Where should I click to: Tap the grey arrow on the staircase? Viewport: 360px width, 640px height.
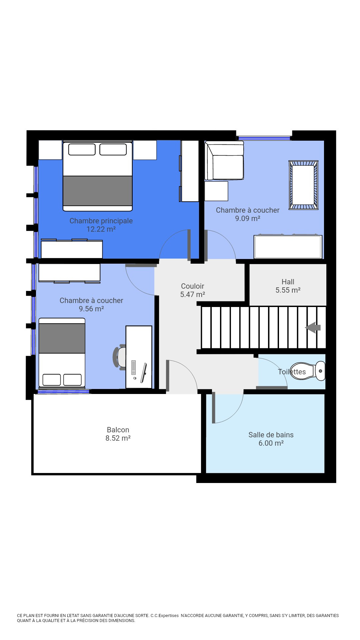tap(313, 327)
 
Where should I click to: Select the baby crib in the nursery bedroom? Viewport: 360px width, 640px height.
tap(303, 185)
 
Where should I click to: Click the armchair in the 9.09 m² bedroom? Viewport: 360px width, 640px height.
tap(224, 161)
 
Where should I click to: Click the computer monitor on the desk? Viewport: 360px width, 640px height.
tap(144, 373)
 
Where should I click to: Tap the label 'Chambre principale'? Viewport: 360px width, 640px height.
tap(101, 221)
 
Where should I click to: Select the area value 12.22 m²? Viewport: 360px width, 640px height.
tap(101, 229)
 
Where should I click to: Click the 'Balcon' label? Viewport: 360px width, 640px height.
tap(118, 430)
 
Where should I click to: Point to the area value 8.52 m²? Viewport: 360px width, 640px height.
tap(118, 438)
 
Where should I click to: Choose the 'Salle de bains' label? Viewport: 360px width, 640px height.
tap(271, 435)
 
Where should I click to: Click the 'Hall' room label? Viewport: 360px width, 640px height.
tap(288, 282)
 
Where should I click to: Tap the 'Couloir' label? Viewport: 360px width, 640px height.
tap(193, 286)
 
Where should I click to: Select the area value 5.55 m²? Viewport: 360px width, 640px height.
tap(288, 290)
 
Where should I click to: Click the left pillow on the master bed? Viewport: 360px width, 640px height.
tap(82, 149)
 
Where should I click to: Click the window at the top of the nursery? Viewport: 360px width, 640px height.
tap(264, 138)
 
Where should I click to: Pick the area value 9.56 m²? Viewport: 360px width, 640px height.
tap(91, 309)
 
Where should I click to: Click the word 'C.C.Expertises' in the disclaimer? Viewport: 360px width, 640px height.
tap(165, 615)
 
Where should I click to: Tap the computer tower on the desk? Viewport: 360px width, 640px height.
tap(133, 367)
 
